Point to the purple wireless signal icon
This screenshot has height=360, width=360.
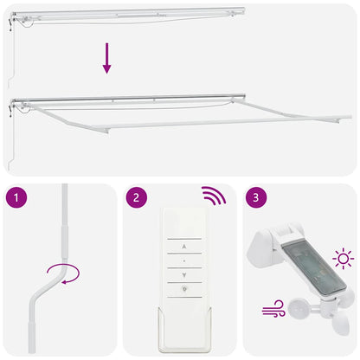click(213, 196)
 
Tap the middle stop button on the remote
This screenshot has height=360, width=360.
click(183, 258)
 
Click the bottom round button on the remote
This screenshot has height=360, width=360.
click(183, 290)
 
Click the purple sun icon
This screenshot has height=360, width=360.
click(344, 258)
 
